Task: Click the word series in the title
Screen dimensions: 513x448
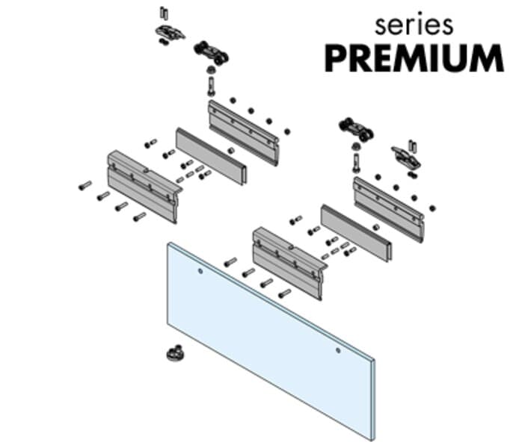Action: pos(414,25)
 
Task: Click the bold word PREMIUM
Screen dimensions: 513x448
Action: pos(414,58)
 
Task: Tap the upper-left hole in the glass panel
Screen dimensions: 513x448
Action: pos(200,271)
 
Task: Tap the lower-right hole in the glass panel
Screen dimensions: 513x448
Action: pos(338,351)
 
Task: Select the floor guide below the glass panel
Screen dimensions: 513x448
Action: pos(175,353)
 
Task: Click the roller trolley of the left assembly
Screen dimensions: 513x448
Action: pos(211,52)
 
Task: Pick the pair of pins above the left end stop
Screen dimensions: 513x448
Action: pos(164,13)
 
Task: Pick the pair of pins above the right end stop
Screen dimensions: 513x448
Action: pos(412,146)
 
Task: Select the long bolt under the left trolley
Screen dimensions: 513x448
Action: pos(211,86)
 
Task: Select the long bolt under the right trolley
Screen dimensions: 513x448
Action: pos(356,163)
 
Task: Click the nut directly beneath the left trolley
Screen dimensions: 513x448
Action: pos(211,69)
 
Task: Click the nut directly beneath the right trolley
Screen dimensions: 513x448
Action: pos(356,146)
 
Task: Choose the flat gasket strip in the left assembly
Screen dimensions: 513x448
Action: pos(212,156)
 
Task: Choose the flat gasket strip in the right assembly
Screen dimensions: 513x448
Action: pos(356,233)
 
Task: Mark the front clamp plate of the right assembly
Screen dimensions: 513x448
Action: pos(290,263)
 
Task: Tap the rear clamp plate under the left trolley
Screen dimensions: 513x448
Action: pos(244,133)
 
